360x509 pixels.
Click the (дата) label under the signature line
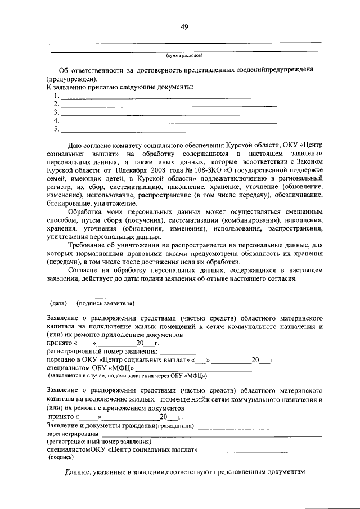[x=59, y=304]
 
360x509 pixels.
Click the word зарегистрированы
[x=73, y=434]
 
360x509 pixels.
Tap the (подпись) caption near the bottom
[x=58, y=458]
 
